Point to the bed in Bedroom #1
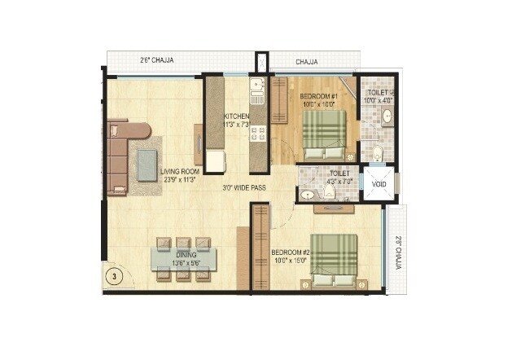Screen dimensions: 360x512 (x=324, y=134)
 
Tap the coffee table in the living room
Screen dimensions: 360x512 (x=147, y=165)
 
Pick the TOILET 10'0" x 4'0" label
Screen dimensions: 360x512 (x=377, y=96)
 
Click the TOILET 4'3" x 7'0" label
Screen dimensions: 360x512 (x=339, y=178)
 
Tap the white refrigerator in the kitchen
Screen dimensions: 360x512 (x=215, y=160)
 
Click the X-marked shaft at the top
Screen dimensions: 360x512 (x=261, y=63)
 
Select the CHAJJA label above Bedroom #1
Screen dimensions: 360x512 (x=306, y=61)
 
